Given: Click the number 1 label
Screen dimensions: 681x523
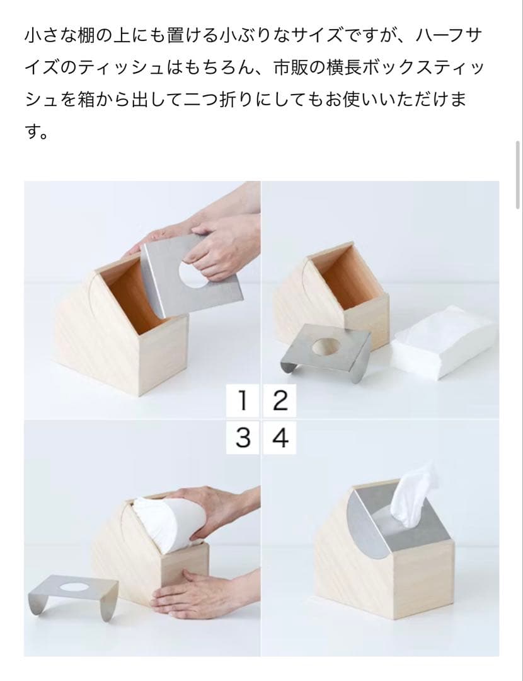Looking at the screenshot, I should (243, 400).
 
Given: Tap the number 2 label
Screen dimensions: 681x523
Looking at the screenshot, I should (280, 400).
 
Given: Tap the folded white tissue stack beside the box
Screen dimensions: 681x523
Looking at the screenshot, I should (444, 339).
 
